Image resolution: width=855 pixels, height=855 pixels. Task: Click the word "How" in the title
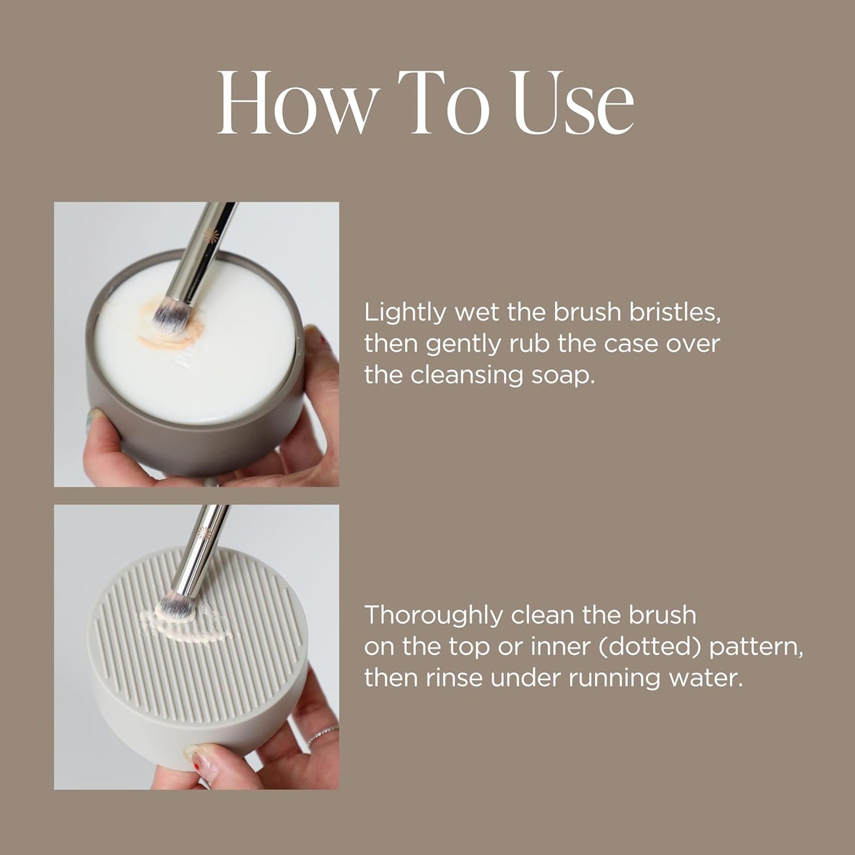coord(296,104)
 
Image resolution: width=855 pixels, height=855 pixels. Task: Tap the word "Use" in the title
coord(573,104)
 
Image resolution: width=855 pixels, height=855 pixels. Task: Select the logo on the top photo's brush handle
coord(208,235)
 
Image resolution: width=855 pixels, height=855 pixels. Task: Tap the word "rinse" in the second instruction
coord(454,678)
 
